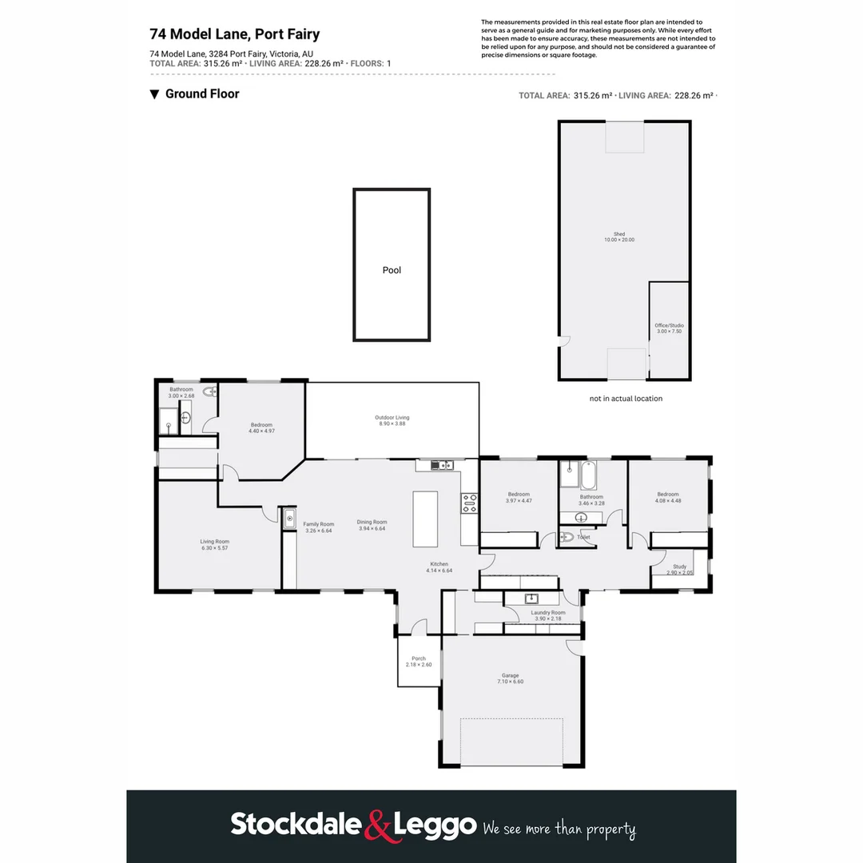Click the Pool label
(392, 270)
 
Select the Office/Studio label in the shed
(669, 328)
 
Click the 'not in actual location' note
(626, 398)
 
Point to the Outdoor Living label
(392, 420)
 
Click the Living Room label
(214, 544)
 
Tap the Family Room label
(317, 526)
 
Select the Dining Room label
(372, 525)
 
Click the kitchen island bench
(425, 519)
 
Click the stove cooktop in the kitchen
(469, 503)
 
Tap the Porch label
(419, 662)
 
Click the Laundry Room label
(547, 615)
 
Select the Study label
(679, 570)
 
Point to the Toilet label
(584, 537)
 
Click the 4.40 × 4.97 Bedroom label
(261, 428)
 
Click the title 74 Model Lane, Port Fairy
(235, 34)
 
